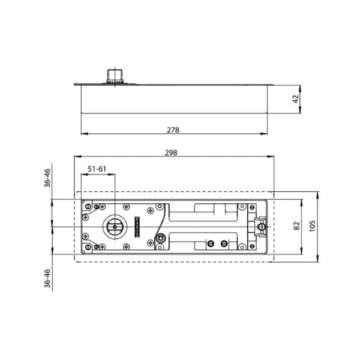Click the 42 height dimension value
[x=296, y=99]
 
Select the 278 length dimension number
[x=173, y=130]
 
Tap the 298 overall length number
[x=171, y=152]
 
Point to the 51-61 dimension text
[x=97, y=169]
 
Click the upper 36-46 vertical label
[x=47, y=178]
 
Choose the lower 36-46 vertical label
[x=47, y=278]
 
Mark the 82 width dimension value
[x=296, y=226]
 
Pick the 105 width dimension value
[x=312, y=226]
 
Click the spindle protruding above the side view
[x=115, y=76]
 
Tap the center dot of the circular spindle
[x=115, y=227]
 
